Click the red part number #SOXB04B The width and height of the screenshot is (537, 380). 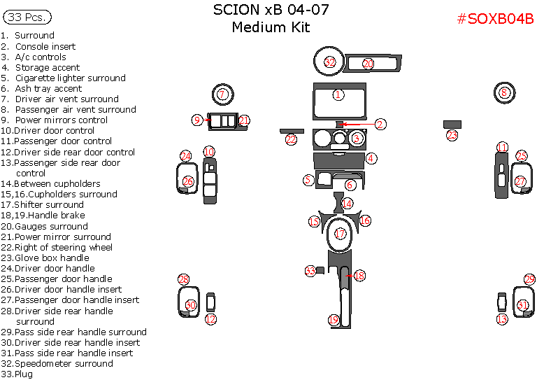click(495, 19)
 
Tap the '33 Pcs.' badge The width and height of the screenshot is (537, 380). click(27, 17)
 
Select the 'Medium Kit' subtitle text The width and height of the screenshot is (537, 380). click(271, 28)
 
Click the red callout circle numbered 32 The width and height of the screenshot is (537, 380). click(330, 63)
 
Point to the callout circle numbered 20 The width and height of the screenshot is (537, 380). click(368, 64)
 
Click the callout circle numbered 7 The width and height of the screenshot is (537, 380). click(222, 94)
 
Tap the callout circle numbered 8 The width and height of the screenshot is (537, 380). click(503, 92)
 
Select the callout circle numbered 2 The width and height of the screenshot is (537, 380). click(380, 124)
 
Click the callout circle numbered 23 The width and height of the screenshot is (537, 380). click(452, 135)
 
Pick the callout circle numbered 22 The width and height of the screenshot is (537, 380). click(291, 139)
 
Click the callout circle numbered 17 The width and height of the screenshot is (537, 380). click(341, 234)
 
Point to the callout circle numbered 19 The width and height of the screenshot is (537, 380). click(334, 320)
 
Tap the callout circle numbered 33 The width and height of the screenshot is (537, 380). click(310, 271)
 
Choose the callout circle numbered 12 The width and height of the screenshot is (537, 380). click(210, 319)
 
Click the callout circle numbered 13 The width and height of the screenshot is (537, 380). click(501, 319)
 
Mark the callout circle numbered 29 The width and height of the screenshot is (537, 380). click(530, 279)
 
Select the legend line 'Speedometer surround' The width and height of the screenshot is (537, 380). click(63, 363)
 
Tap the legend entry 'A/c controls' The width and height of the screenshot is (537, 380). click(41, 57)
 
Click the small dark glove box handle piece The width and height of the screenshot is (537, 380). click(452, 125)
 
